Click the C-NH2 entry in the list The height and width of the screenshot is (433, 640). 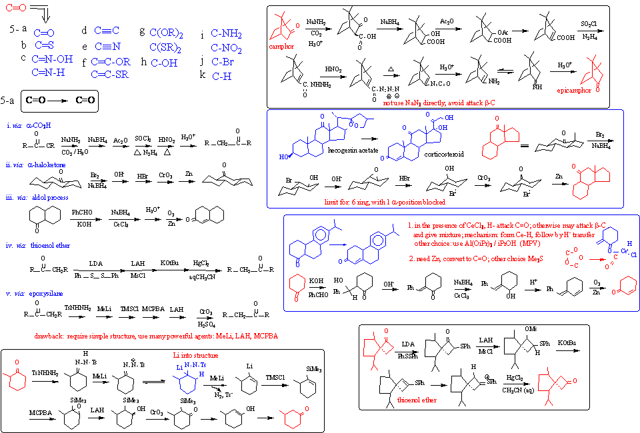pyautogui.click(x=226, y=34)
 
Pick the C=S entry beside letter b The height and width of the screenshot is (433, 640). pyautogui.click(x=44, y=45)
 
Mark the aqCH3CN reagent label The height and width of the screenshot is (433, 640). pyautogui.click(x=201, y=275)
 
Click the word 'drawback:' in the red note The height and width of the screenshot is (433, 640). pyautogui.click(x=49, y=336)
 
